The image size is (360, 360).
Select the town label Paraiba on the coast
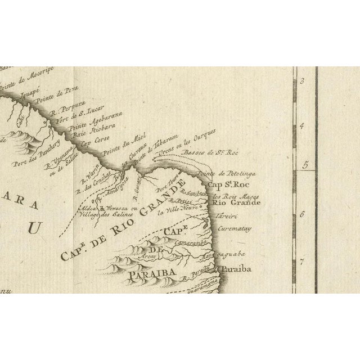tap(235, 269)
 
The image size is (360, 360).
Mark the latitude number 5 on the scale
tap(305, 165)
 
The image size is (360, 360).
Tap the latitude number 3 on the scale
tap(301, 82)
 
